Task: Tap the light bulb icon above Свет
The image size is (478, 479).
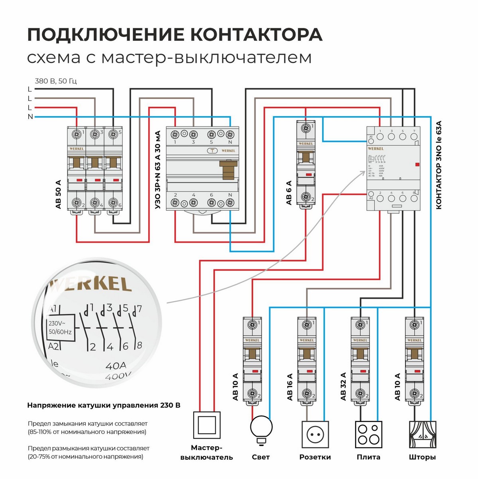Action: (261, 428)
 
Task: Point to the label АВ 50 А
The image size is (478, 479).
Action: (59, 194)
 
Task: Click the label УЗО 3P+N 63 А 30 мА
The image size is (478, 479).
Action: (157, 169)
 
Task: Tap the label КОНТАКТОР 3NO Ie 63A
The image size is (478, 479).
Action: (439, 165)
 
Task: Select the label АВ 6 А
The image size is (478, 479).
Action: (289, 192)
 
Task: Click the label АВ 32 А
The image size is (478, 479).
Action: (343, 386)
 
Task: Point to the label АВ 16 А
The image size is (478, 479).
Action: (289, 386)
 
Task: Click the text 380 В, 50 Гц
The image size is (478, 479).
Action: (56, 81)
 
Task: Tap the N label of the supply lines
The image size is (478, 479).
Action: (30, 117)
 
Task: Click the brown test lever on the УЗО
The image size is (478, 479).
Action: (228, 170)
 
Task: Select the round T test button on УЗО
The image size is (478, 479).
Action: (212, 151)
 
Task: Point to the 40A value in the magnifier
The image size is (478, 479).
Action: (116, 365)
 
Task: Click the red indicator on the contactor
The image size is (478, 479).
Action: (417, 164)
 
